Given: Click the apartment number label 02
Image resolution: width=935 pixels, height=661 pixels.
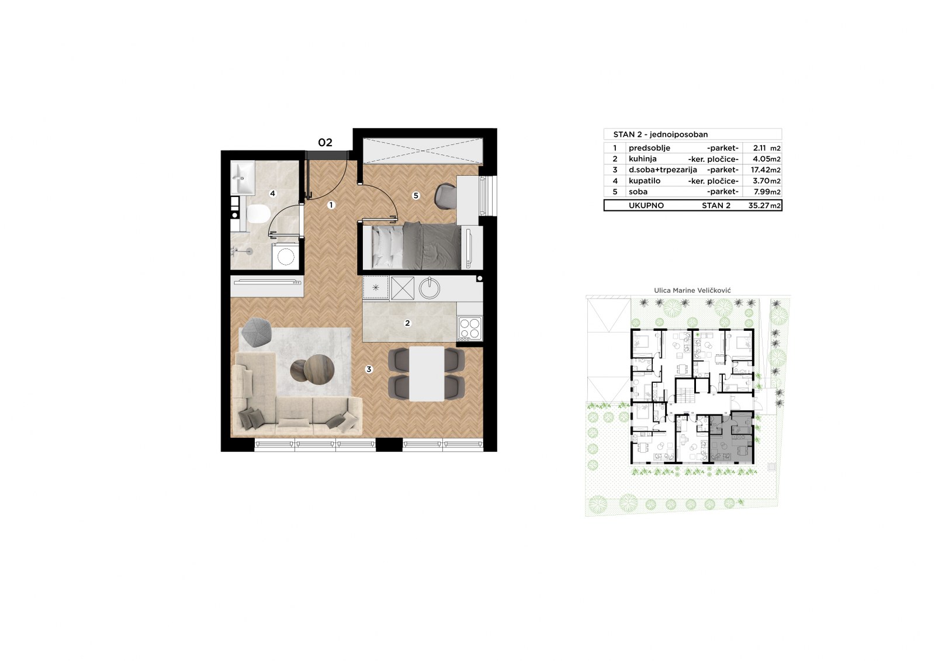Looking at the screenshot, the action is coord(325,143).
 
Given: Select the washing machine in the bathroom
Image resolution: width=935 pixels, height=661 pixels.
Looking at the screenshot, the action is coord(286,256).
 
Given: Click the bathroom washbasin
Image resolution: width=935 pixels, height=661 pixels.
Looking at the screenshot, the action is coord(243,178).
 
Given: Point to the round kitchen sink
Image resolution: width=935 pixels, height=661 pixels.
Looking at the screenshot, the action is coord(430,288).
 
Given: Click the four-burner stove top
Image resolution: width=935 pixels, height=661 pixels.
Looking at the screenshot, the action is coord(470,327).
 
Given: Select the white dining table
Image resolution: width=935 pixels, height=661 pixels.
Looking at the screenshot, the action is coord(427,373).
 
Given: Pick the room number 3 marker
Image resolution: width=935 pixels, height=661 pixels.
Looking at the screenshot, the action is coord(369,369).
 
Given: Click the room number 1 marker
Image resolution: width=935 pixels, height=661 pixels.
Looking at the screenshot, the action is coord(331,205).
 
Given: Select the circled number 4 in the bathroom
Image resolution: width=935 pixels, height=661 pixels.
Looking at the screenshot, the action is coord(272,193).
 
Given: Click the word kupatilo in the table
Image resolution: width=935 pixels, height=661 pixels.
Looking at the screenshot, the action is coord(645,181).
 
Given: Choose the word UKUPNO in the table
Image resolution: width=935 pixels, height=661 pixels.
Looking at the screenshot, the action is coord(646,206).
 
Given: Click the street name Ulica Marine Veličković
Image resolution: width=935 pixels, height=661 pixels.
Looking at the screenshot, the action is coord(692,290).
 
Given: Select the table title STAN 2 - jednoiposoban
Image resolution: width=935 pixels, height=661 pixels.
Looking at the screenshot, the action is coord(660,134).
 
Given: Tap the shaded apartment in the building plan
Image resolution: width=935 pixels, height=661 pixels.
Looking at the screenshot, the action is coord(731,437).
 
